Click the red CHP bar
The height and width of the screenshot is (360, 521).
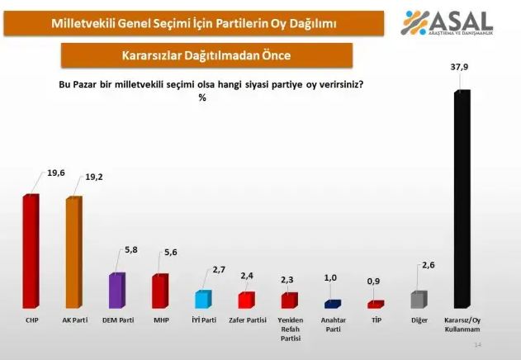tap(31, 252)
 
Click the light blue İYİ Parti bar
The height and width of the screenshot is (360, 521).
tap(202, 300)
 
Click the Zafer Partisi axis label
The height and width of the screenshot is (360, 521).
tap(247, 319)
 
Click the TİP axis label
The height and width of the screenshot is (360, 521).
tap(377, 319)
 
